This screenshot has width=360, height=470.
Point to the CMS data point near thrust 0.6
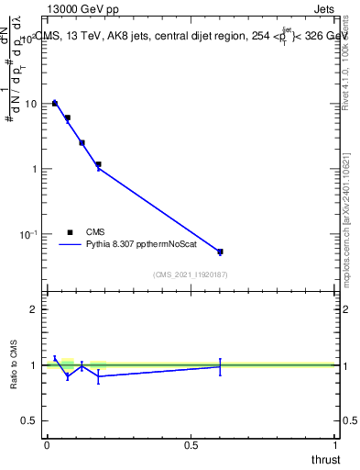[220, 252]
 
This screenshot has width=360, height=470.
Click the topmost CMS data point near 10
[55, 103]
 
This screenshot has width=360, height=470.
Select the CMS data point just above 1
[98, 164]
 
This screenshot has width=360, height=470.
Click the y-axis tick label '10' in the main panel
[31, 104]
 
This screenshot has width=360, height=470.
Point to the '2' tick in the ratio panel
[35, 309]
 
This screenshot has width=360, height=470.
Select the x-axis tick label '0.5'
[191, 445]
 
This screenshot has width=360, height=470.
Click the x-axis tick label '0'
[46, 445]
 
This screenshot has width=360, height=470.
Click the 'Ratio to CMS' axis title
[13, 365]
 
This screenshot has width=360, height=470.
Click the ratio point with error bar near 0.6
[220, 366]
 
